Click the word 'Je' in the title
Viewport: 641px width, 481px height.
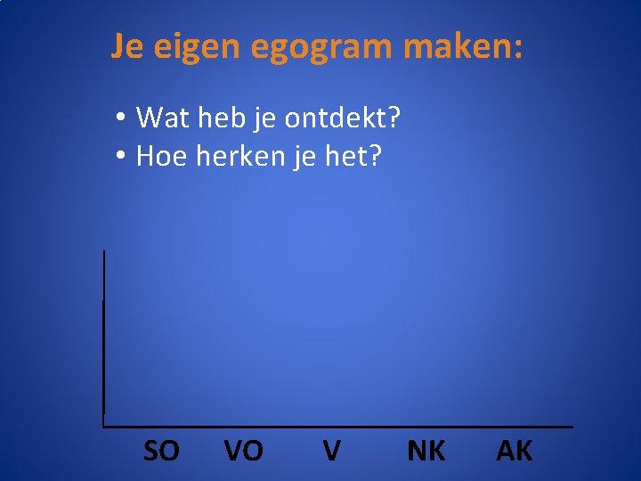[x=128, y=46]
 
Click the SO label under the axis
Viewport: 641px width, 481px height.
[x=161, y=452]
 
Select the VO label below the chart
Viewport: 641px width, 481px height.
[x=243, y=452]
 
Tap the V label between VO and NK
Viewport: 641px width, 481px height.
[x=331, y=452]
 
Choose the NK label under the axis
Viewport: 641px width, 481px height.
[x=426, y=452]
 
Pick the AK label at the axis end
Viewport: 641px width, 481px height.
[x=515, y=452]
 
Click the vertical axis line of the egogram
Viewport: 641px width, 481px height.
[x=104, y=338]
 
